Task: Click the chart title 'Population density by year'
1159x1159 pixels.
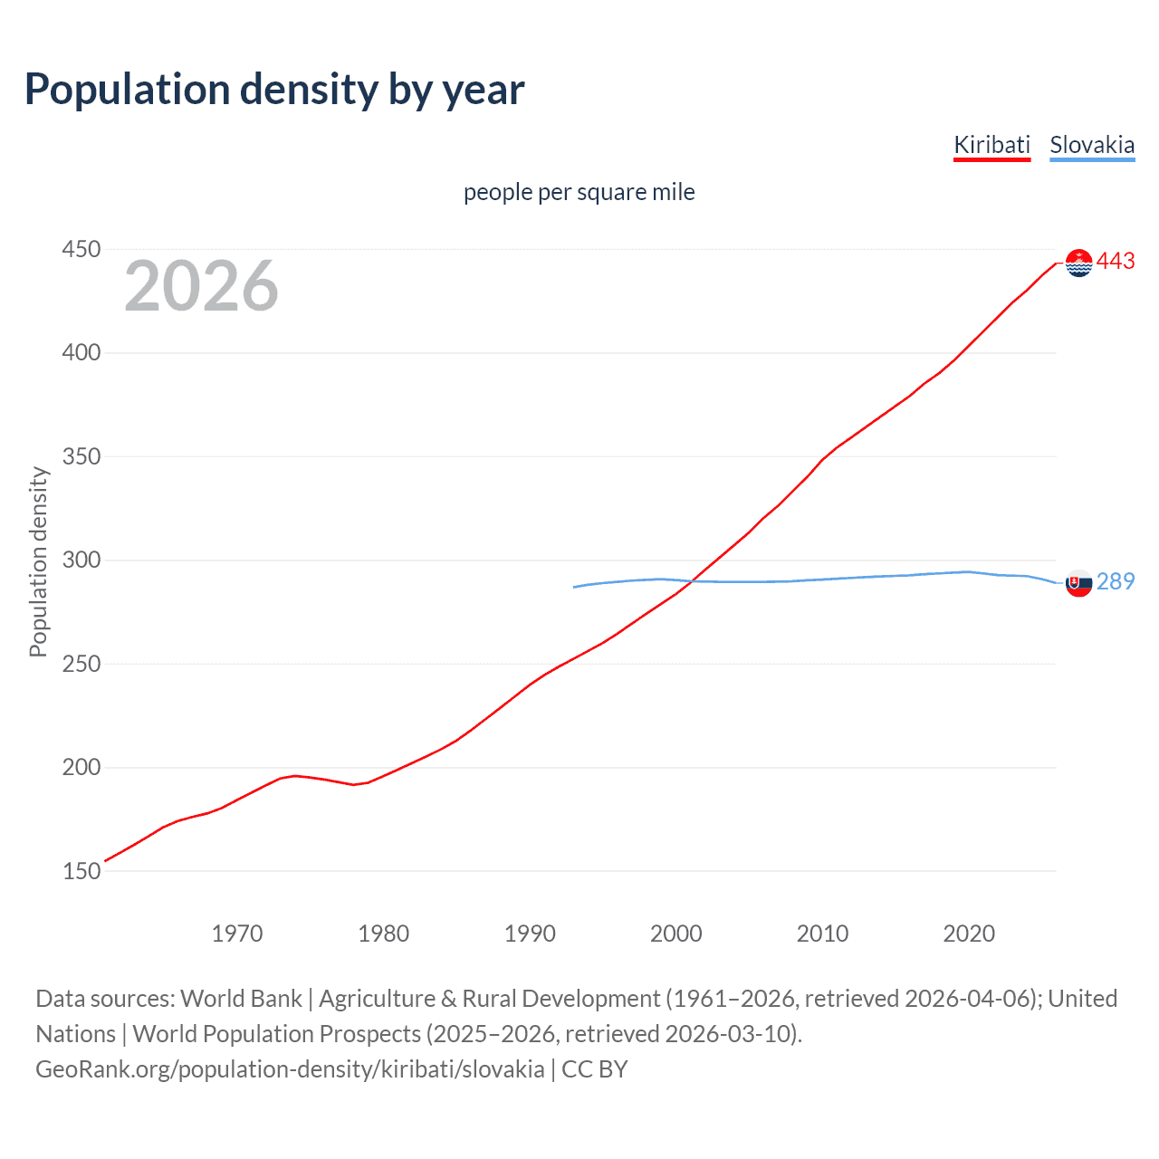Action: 274,90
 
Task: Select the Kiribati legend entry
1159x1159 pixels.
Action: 991,145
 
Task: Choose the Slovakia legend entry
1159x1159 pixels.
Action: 1092,145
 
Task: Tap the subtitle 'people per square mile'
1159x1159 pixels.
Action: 579,192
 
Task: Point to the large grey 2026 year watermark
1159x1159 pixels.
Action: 201,286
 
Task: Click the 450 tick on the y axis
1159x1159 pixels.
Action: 81,249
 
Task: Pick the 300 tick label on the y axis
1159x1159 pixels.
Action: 81,560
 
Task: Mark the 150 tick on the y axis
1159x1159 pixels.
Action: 81,871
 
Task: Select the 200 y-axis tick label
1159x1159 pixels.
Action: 81,768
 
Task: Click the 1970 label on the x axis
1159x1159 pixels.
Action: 237,934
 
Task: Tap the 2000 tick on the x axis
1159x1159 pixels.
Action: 676,934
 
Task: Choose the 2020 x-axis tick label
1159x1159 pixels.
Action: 969,934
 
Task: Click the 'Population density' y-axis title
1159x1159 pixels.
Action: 38,561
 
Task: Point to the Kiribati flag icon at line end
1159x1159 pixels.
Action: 1078,263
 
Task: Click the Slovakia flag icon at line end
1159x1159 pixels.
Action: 1078,583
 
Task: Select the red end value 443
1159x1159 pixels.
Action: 1116,262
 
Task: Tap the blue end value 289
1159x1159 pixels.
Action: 1116,581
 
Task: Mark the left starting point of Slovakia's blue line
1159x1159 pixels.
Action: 574,587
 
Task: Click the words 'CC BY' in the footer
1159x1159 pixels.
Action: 595,1069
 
